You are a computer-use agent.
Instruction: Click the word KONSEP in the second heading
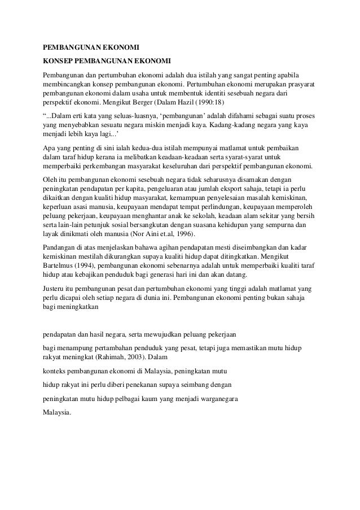tap(58, 60)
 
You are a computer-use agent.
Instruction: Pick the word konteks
tap(56, 370)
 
